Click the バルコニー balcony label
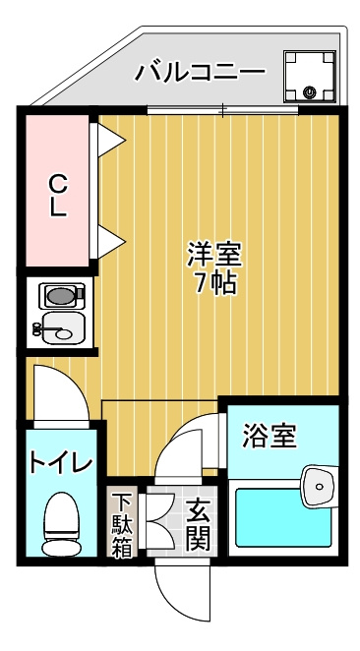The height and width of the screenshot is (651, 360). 200,72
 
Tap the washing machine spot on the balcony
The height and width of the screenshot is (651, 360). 309,77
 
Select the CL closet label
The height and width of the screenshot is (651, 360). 58,195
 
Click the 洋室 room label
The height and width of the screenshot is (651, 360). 214,255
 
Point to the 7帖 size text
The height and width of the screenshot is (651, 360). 215,283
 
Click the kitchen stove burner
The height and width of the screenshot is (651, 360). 61,296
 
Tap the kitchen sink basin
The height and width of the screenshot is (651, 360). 63,328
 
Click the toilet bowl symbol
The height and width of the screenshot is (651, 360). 62,524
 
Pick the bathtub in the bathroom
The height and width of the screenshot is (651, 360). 284,517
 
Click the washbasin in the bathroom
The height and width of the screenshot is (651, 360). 319,486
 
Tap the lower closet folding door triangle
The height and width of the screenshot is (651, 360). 111,241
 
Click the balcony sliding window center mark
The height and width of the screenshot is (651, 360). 223,110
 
